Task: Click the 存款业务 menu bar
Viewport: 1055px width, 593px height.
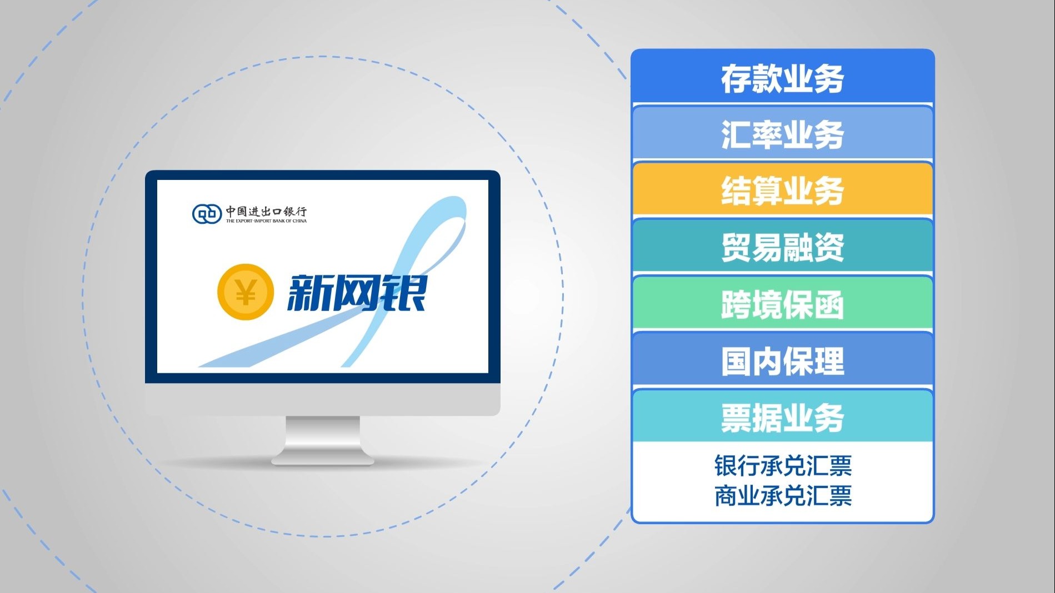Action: [x=782, y=78]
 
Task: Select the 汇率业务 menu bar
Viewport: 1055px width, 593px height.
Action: [x=782, y=134]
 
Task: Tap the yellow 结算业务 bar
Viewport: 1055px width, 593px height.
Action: [x=782, y=190]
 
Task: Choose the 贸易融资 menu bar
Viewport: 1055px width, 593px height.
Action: [x=782, y=247]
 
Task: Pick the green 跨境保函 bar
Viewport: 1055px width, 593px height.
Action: [x=782, y=304]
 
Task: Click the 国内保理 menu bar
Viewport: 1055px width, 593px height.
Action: [x=782, y=361]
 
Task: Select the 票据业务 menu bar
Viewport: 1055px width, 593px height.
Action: [x=782, y=418]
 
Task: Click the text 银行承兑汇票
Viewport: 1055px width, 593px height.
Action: [x=783, y=466]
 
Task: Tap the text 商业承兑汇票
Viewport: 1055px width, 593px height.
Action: [x=783, y=496]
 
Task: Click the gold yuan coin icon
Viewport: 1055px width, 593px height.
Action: [x=246, y=292]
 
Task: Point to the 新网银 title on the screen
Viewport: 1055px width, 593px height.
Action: [x=356, y=293]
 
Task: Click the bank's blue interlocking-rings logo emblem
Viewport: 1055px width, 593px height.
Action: [x=207, y=214]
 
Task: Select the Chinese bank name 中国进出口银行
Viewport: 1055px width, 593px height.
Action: [x=266, y=211]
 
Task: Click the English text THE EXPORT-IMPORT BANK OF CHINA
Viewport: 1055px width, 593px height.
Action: [x=266, y=221]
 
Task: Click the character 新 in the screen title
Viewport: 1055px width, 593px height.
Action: [x=308, y=293]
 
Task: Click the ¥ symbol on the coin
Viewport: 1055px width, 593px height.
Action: [x=246, y=292]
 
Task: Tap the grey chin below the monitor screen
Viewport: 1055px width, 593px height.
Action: [x=322, y=399]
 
